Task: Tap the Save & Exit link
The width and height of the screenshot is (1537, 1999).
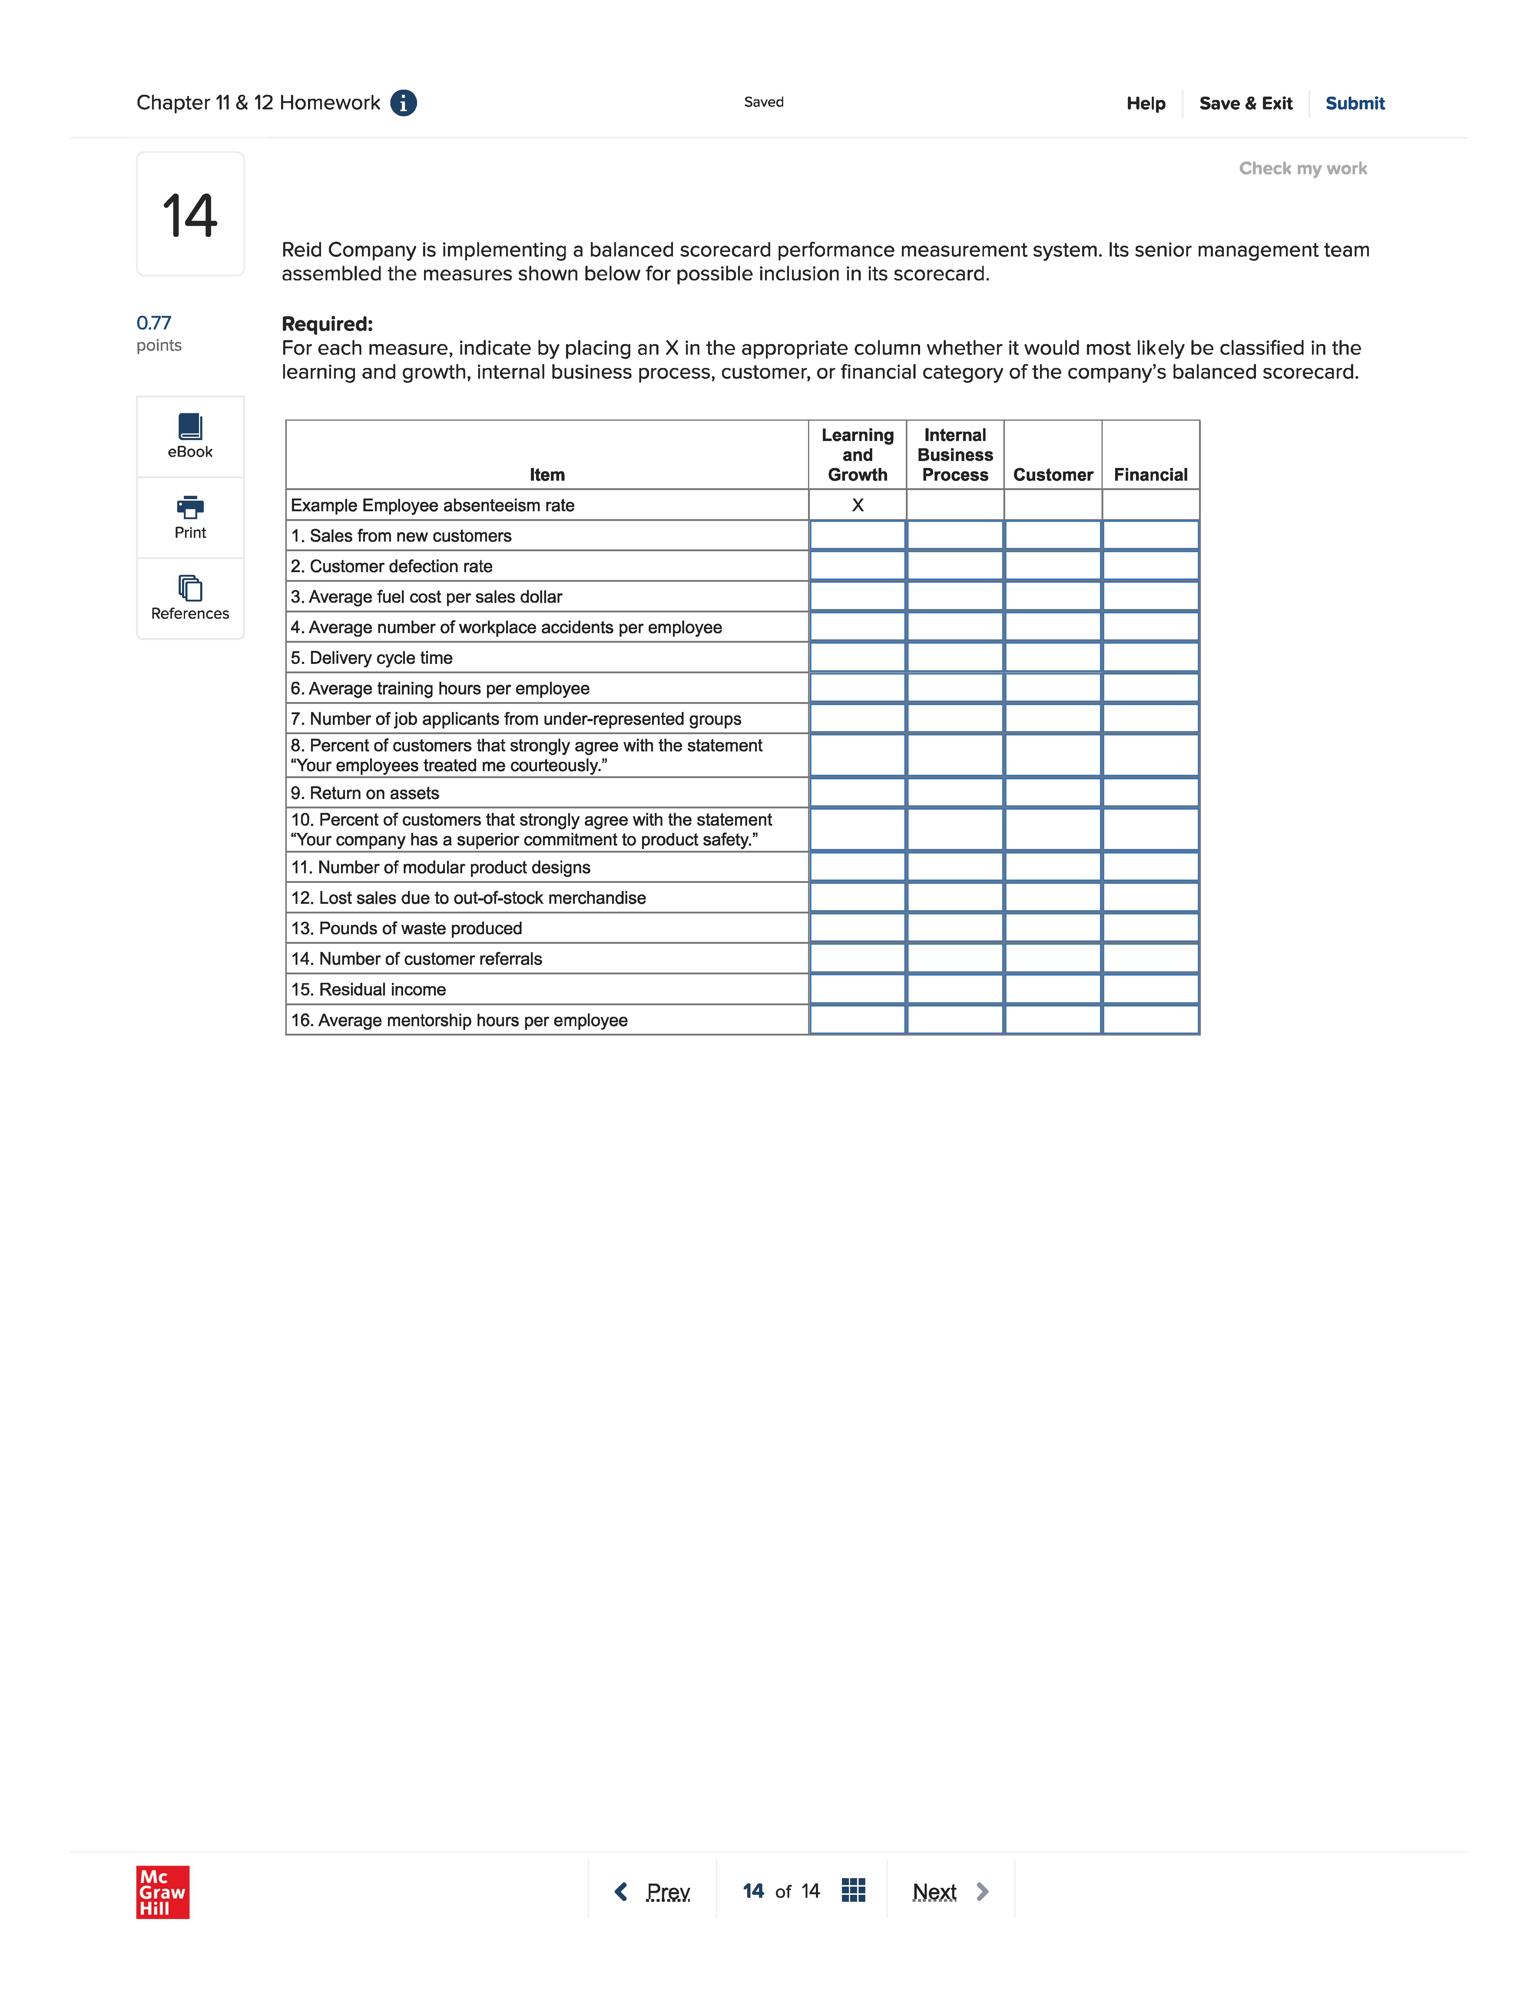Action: click(x=1245, y=103)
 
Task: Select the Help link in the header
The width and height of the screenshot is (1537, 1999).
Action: click(x=1145, y=103)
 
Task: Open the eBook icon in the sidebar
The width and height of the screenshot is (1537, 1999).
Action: click(x=190, y=426)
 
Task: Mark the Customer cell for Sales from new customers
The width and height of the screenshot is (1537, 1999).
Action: click(x=1052, y=535)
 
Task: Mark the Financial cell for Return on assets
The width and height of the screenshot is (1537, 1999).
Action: click(x=1150, y=792)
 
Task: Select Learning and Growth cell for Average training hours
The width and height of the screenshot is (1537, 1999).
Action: click(x=857, y=688)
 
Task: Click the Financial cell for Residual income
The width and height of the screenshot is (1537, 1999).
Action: click(x=1150, y=989)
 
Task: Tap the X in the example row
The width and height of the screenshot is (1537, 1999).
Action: click(x=857, y=505)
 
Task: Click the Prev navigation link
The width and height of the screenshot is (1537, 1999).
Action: click(x=667, y=1891)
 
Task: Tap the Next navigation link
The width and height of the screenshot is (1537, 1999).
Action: click(x=934, y=1891)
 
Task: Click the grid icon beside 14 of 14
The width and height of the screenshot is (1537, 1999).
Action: click(x=853, y=1890)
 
